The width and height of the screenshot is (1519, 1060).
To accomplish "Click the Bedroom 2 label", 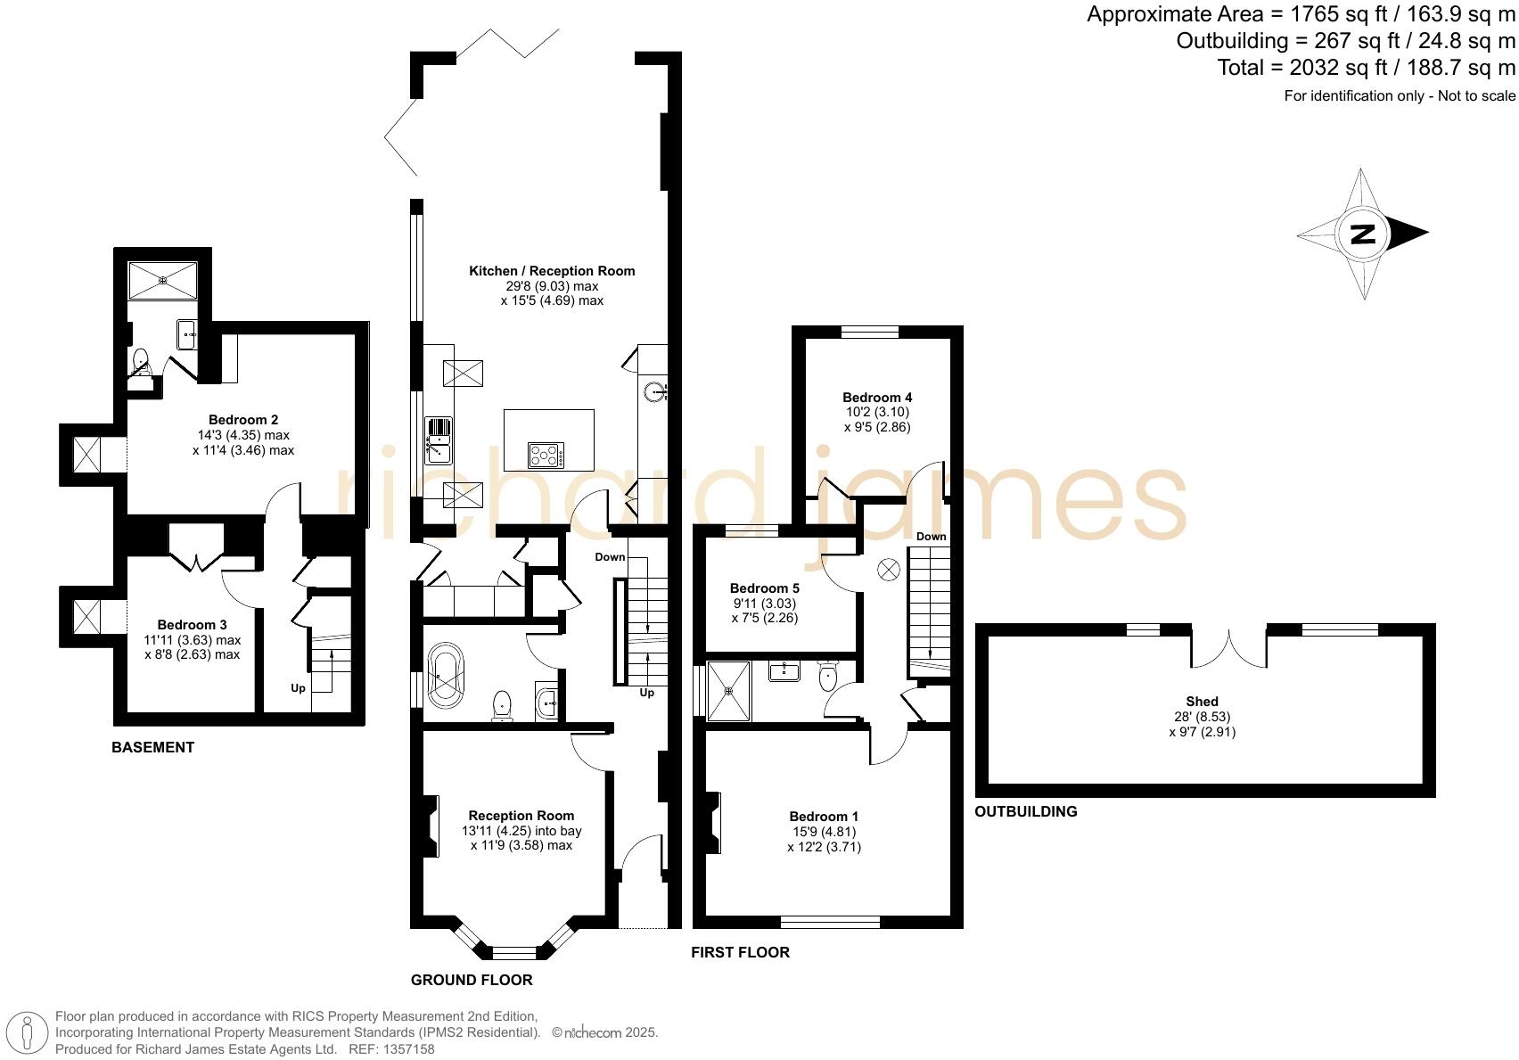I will (x=243, y=420).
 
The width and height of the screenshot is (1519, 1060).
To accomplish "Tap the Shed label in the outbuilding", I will (x=1202, y=702).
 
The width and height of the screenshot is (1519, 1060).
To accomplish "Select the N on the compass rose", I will (x=1363, y=234).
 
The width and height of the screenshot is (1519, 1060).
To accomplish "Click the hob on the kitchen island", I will (x=546, y=456).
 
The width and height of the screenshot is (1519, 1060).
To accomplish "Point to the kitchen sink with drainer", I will (x=439, y=440).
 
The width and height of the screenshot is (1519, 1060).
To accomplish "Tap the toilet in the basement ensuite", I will (x=140, y=362).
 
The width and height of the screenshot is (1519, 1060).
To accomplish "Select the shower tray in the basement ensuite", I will (x=163, y=280).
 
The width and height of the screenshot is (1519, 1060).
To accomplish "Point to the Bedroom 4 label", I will (x=877, y=398).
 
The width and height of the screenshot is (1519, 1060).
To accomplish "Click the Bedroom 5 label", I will (x=764, y=588).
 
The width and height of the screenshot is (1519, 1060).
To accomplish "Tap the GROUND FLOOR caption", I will (x=472, y=981).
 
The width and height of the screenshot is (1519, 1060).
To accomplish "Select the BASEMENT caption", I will (x=152, y=748).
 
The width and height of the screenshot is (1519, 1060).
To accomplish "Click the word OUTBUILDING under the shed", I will (x=1025, y=812).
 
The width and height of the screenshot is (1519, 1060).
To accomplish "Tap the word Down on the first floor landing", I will (x=931, y=537).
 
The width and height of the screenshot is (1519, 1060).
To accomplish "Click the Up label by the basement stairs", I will (x=298, y=688).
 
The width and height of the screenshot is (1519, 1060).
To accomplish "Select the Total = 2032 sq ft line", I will (x=1366, y=68).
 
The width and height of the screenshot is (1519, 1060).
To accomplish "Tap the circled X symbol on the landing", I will (x=889, y=571).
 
